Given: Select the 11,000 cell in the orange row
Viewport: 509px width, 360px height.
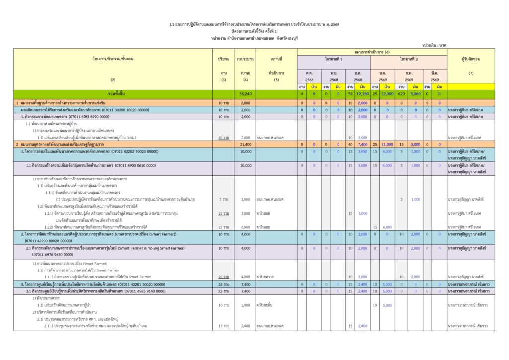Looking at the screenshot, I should click(387, 144).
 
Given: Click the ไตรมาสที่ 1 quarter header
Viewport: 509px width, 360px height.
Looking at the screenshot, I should click(334, 59).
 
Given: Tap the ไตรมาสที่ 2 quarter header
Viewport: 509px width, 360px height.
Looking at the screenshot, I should click(409, 59).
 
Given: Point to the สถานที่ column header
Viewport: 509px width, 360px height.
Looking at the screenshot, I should click(276, 59).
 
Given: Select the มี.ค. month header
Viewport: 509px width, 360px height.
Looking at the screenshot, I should click(434, 73).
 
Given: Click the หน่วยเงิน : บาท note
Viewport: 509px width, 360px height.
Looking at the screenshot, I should click(434, 45).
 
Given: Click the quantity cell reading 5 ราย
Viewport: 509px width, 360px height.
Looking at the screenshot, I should click(224, 199).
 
